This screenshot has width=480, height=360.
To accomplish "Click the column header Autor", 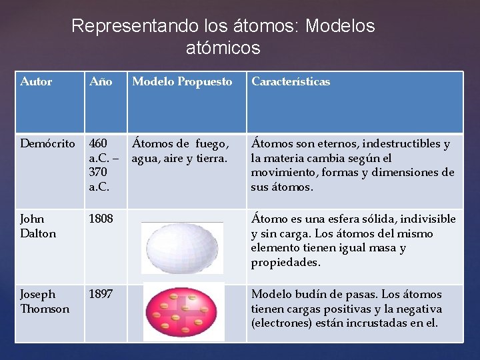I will click(36, 82).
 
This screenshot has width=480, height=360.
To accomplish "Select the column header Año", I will click(101, 82).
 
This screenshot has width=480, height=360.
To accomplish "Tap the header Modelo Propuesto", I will click(182, 82).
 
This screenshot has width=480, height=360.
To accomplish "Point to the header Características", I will click(290, 82).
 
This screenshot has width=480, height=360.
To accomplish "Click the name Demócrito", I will click(48, 144).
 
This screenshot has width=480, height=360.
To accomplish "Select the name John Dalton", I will click(38, 226).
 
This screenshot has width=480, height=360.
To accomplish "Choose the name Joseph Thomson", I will click(45, 301).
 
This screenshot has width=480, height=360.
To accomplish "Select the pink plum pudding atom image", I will click(184, 313).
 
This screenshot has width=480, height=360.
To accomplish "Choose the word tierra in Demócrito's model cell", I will click(207, 159).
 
